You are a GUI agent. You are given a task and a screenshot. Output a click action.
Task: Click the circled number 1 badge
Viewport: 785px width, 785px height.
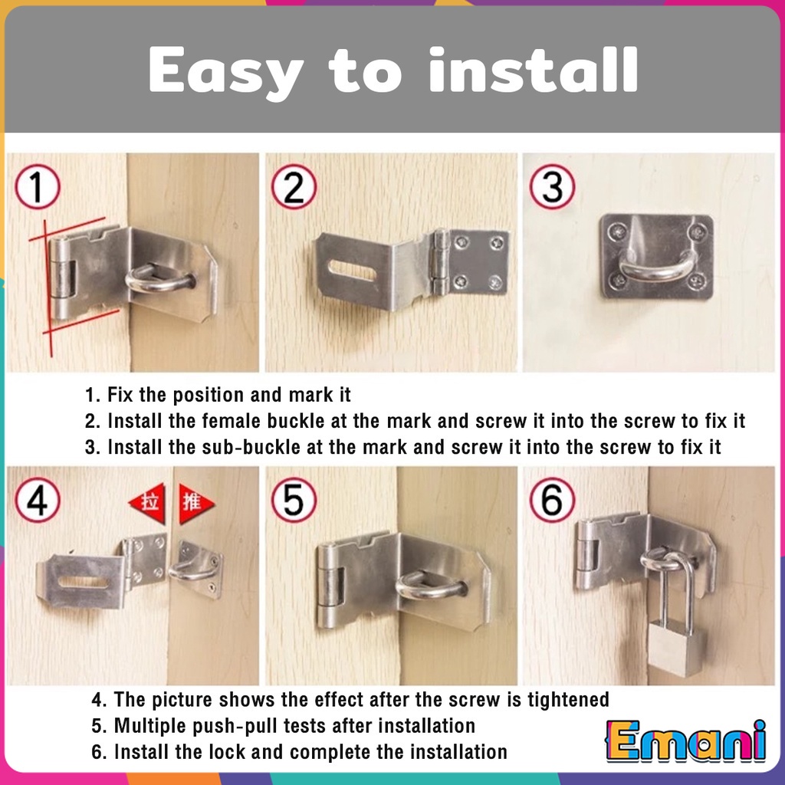pyautogui.click(x=38, y=186)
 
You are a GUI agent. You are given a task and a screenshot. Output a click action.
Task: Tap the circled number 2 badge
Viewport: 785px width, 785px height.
pyautogui.click(x=294, y=186)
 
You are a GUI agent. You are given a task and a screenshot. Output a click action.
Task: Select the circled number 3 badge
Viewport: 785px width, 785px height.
pyautogui.click(x=552, y=186)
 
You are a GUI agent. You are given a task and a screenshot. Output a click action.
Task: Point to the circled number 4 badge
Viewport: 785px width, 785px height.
pyautogui.click(x=38, y=500)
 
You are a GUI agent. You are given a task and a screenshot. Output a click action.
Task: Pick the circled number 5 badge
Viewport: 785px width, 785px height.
pyautogui.click(x=294, y=500)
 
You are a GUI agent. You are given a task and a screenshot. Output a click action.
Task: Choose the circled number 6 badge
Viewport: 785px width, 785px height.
pyautogui.click(x=552, y=500)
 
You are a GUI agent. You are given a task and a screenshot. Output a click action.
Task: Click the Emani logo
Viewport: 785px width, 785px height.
pyautogui.click(x=686, y=741)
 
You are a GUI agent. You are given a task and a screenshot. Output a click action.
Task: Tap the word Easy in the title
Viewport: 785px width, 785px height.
pyautogui.click(x=226, y=71)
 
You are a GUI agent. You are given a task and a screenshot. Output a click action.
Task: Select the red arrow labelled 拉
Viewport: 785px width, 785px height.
pyautogui.click(x=148, y=503)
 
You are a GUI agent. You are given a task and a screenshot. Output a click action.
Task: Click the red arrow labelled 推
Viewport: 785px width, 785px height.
pyautogui.click(x=195, y=503)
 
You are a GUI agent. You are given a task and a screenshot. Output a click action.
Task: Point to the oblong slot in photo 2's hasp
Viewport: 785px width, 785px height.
pyautogui.click(x=353, y=271)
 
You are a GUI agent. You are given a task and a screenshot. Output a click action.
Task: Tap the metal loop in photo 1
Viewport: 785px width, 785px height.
pyautogui.click(x=159, y=278)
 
